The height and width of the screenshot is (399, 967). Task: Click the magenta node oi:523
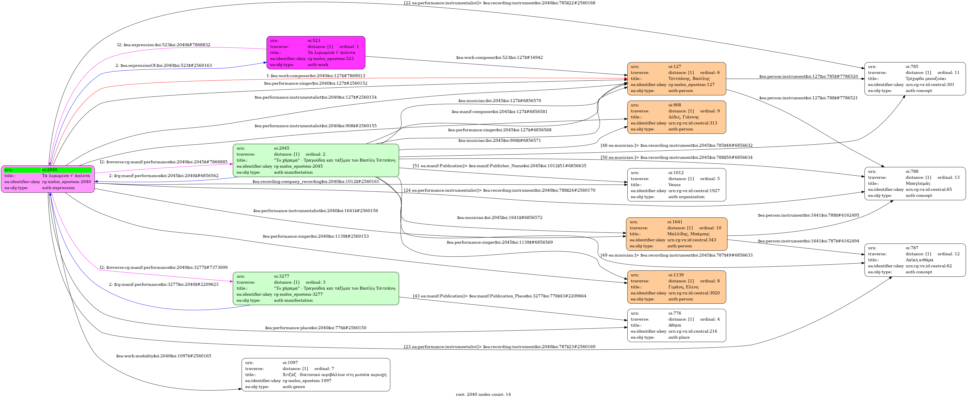click(x=316, y=53)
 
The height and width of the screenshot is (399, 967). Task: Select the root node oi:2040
click(x=48, y=179)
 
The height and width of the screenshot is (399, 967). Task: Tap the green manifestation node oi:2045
click(x=316, y=160)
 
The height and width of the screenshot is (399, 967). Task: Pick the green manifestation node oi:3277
click(x=316, y=288)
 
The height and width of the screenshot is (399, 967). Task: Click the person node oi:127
click(x=676, y=78)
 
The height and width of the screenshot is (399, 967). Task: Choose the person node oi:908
click(x=676, y=117)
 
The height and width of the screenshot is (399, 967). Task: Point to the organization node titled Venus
click(x=676, y=185)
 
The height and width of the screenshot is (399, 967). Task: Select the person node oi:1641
click(x=676, y=234)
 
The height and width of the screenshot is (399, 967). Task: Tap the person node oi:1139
click(x=676, y=287)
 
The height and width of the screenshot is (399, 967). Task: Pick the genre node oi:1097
click(x=316, y=375)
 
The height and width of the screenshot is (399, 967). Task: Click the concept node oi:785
click(x=915, y=78)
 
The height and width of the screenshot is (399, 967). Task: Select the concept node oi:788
click(x=915, y=183)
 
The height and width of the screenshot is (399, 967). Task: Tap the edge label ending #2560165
click(x=164, y=356)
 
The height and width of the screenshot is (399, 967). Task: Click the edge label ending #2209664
click(x=499, y=296)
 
